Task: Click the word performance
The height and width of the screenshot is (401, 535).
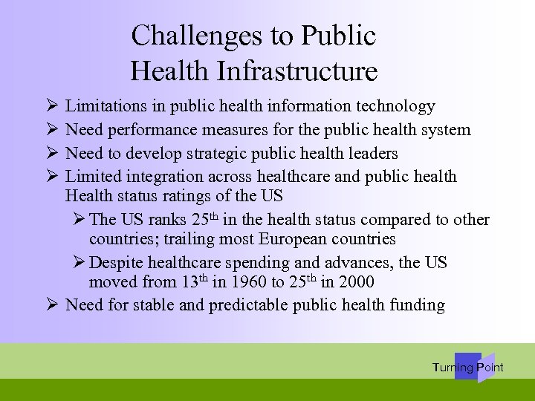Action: point(152,131)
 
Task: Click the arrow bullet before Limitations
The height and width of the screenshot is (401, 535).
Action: point(49,108)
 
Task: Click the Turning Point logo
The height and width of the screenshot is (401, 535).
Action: point(468,368)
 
